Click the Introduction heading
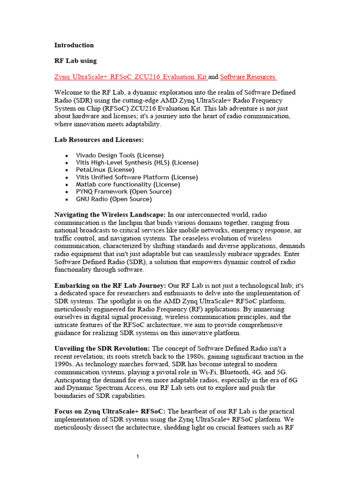[74, 45]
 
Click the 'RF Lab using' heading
[75, 60]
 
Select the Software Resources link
[248, 76]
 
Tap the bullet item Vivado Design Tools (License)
[120, 155]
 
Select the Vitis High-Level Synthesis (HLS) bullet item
[137, 163]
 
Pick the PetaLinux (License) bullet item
[105, 170]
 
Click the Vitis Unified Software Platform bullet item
[137, 177]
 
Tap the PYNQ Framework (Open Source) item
[124, 192]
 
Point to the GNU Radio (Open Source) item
[114, 199]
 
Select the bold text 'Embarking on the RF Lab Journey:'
[110, 285]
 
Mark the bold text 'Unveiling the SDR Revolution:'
[102, 349]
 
